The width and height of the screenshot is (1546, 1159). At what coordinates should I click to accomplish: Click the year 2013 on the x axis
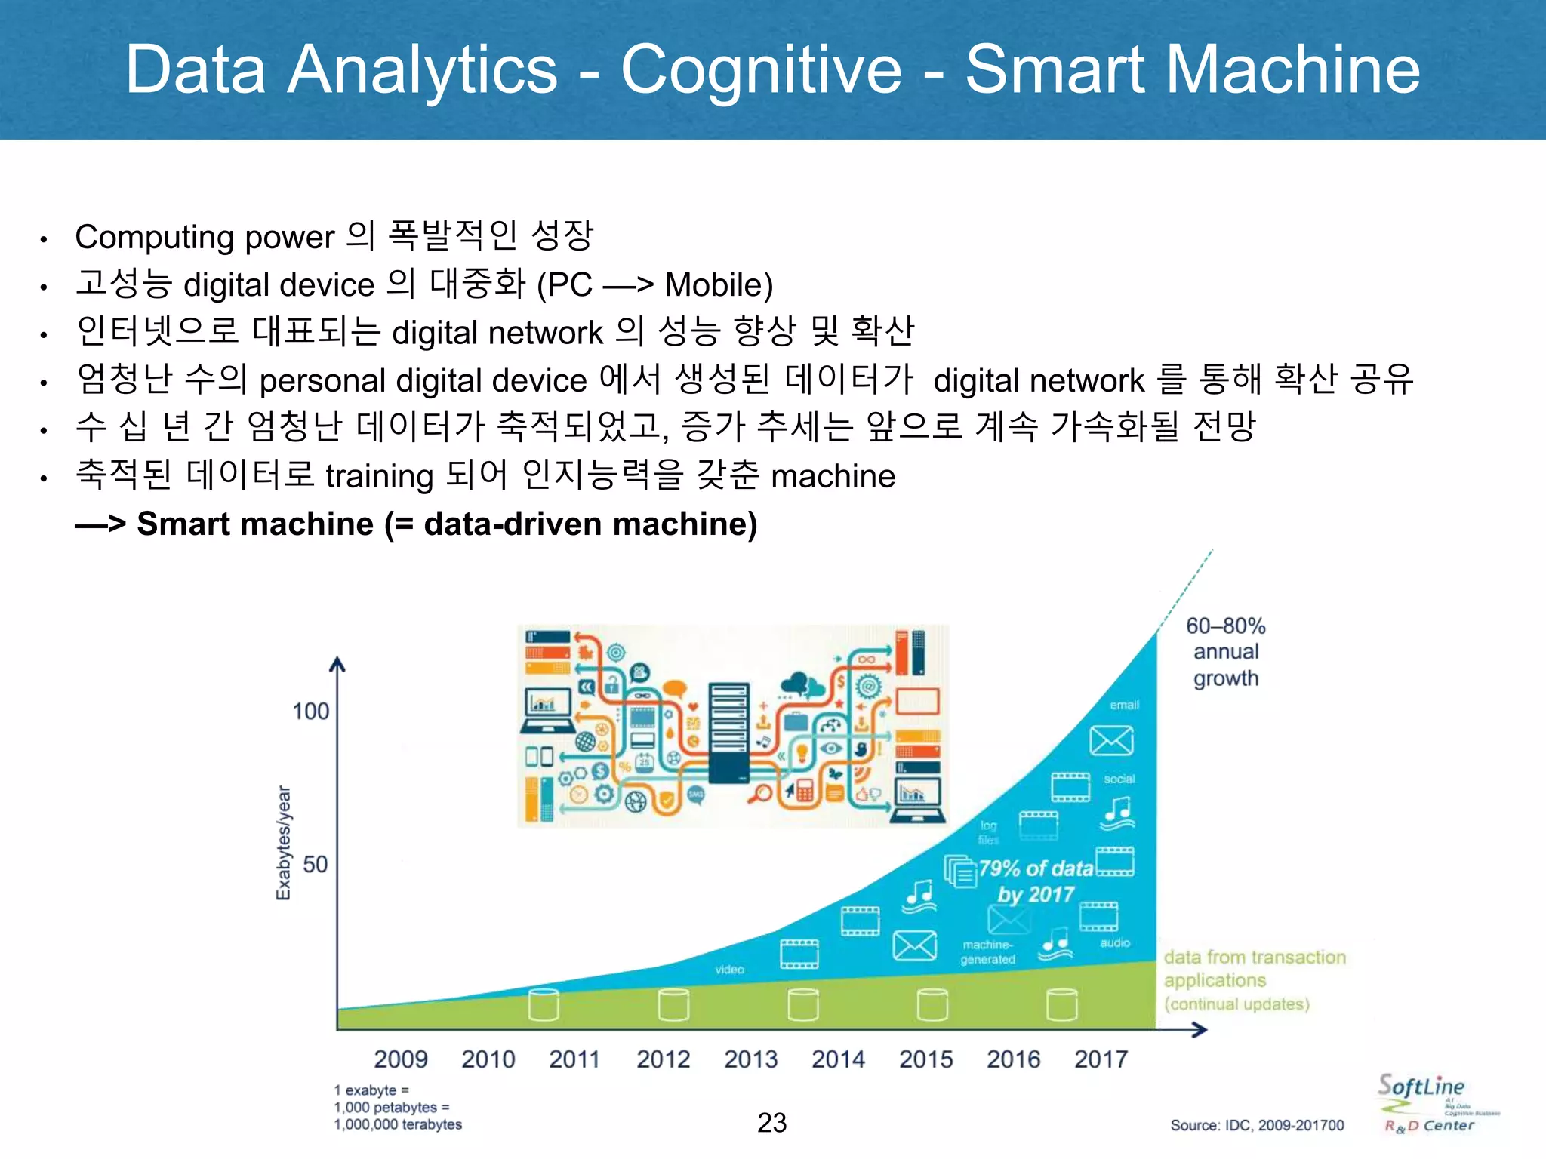[750, 1059]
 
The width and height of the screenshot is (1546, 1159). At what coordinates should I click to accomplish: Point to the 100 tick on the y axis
[310, 711]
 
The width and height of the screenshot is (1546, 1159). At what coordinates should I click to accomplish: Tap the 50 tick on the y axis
[315, 864]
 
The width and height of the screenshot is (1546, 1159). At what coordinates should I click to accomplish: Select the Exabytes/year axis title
[283, 843]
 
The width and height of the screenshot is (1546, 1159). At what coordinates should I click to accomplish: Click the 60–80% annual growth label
[1225, 652]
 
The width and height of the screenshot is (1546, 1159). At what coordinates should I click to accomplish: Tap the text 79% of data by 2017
[1036, 881]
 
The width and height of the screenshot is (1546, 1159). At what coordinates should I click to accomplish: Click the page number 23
[771, 1123]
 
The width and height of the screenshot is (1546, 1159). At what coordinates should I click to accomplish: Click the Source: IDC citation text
[1257, 1125]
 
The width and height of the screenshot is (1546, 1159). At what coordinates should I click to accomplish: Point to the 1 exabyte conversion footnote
[398, 1107]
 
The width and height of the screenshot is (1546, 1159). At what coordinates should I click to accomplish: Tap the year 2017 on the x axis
[1101, 1059]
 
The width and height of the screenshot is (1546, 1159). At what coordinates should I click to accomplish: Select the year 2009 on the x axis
[400, 1059]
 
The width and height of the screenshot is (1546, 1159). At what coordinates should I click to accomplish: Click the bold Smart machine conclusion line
[417, 524]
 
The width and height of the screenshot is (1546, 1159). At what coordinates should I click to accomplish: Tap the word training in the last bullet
[379, 476]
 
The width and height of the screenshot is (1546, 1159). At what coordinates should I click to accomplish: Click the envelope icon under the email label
[1111, 741]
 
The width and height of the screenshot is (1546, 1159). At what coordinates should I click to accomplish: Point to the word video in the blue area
[729, 970]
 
